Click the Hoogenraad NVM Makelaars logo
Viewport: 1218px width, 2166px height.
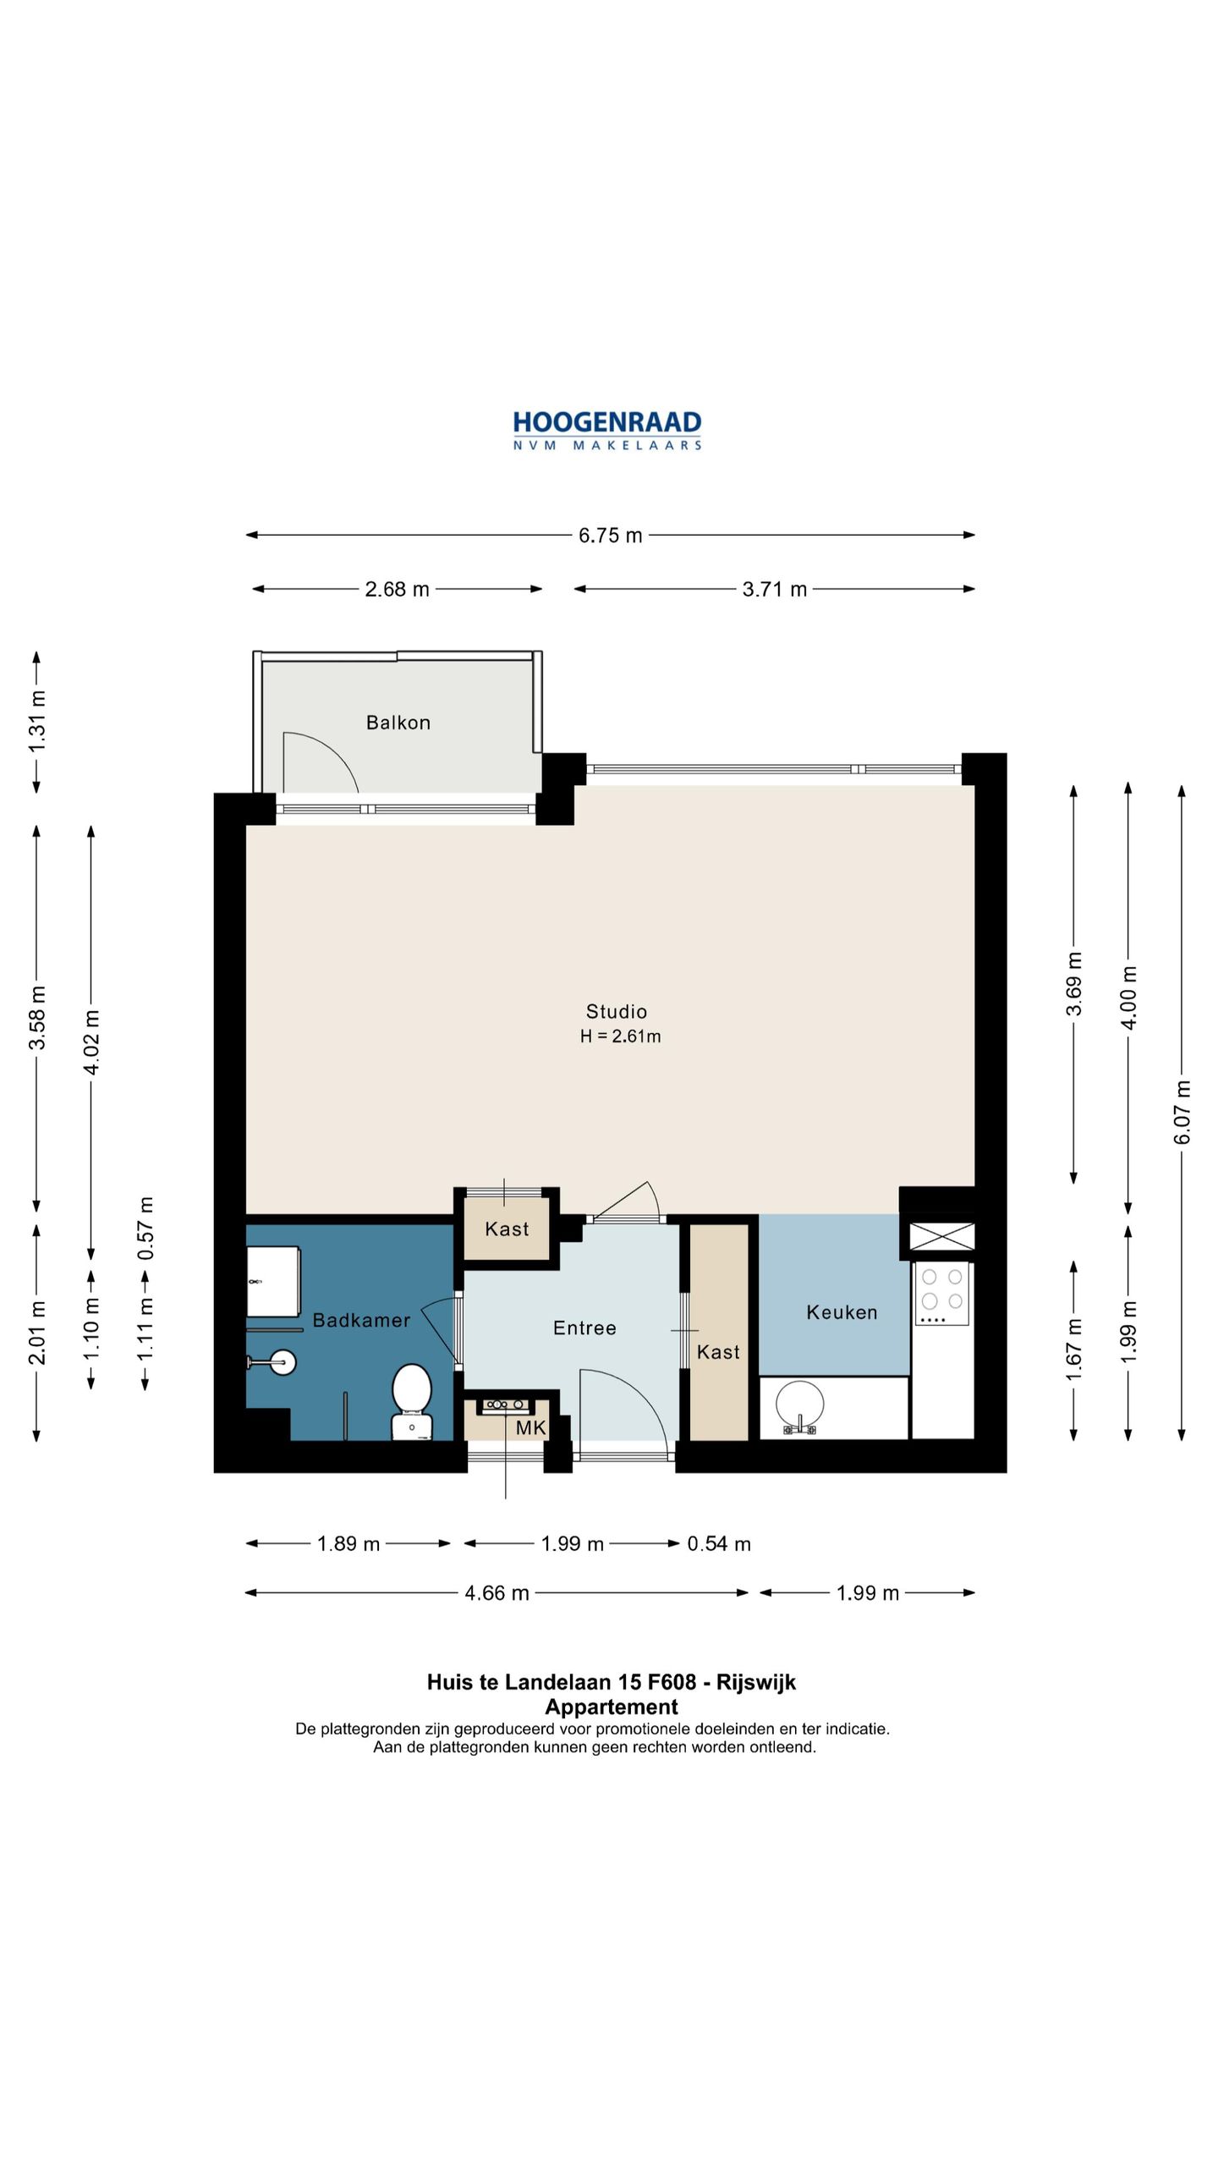point(606,430)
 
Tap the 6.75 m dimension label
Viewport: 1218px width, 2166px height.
point(610,536)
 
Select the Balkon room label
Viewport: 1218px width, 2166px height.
point(398,723)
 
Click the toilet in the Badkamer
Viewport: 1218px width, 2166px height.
point(412,1405)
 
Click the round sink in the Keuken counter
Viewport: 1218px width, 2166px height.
point(799,1405)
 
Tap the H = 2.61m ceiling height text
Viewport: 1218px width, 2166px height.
point(620,1036)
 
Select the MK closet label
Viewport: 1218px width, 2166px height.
point(530,1428)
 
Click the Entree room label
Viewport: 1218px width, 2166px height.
point(584,1328)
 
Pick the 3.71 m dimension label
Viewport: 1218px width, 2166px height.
point(774,589)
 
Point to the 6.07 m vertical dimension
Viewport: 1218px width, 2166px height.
point(1182,1113)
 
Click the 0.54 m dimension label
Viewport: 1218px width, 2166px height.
point(718,1544)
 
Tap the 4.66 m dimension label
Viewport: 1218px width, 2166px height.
point(497,1593)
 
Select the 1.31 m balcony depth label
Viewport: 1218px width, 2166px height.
point(37,722)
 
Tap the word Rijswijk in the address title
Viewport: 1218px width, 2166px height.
point(755,1682)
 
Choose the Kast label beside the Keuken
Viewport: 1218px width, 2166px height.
point(718,1352)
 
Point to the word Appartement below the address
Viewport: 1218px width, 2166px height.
point(611,1707)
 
